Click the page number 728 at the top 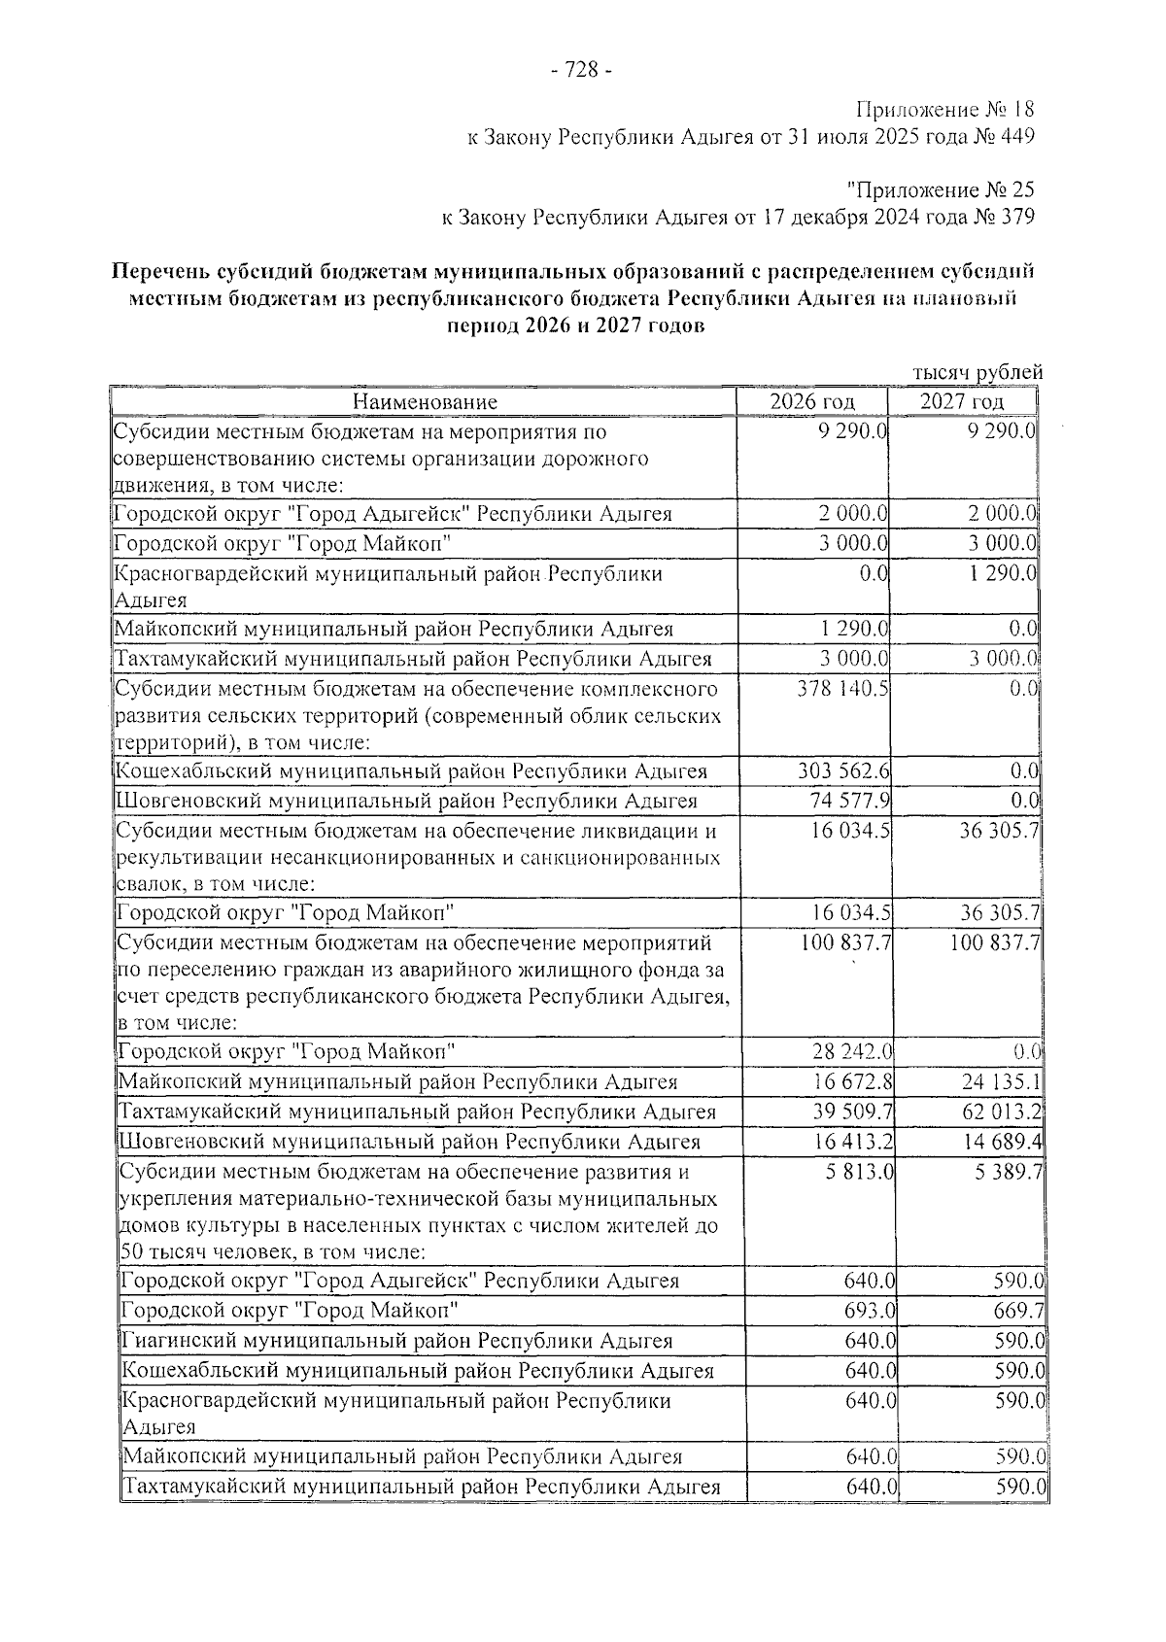point(581,70)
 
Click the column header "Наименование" point(425,402)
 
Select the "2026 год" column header point(812,402)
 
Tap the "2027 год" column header point(962,402)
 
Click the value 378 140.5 point(842,689)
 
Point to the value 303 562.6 point(841,771)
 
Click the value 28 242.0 point(852,1052)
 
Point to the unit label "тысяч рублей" point(977,372)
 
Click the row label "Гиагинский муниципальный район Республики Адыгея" point(397,1341)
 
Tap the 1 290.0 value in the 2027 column point(1004,573)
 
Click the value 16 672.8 point(852,1081)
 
